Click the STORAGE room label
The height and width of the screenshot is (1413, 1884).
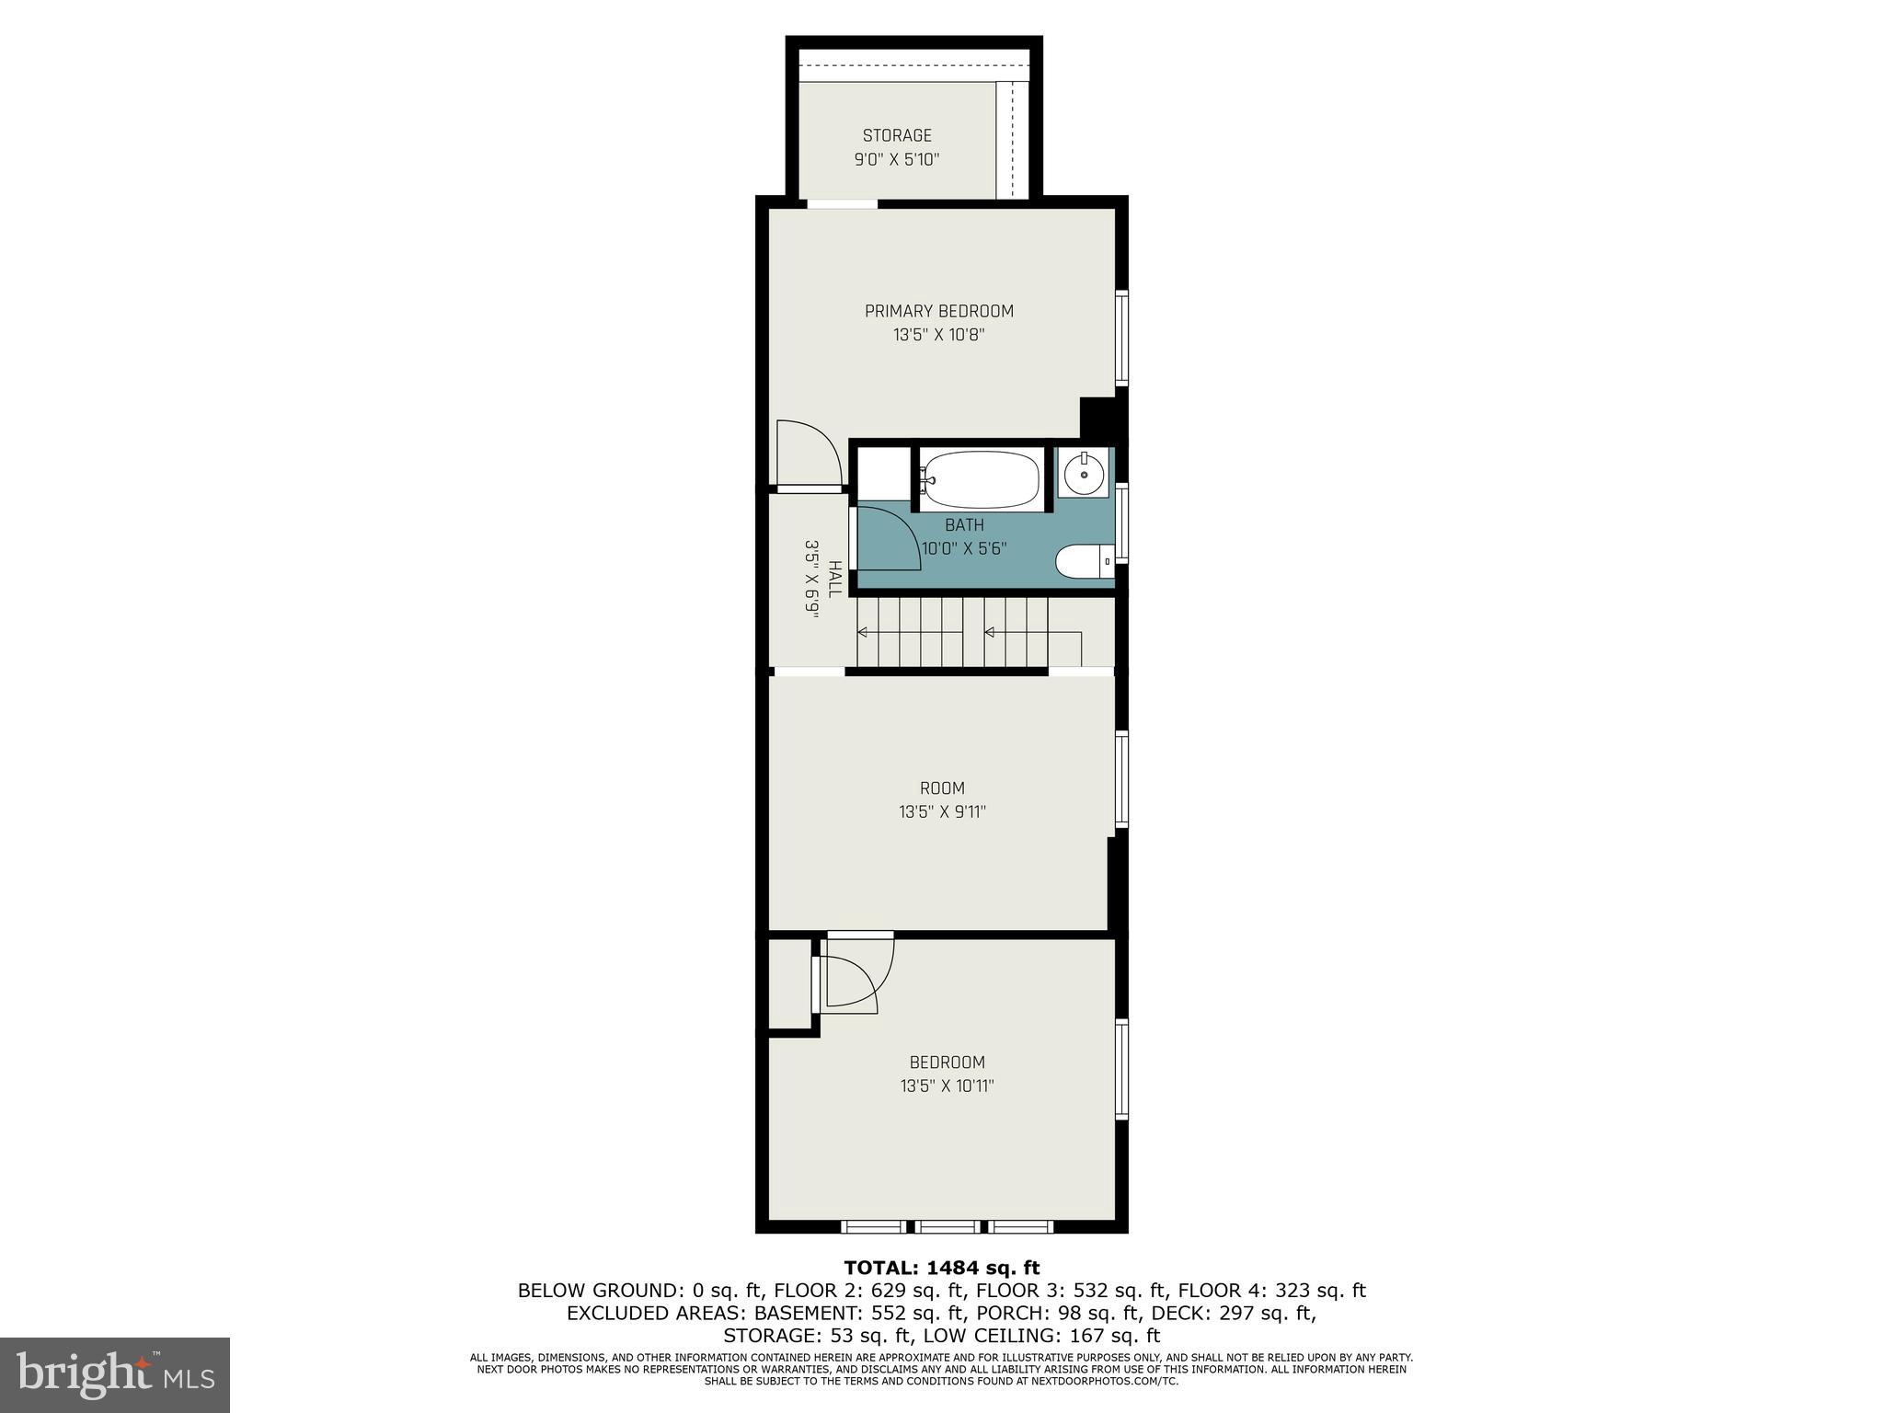click(897, 135)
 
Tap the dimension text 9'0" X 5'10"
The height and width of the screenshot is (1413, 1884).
click(897, 159)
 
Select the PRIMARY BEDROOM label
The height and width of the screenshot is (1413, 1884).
click(938, 311)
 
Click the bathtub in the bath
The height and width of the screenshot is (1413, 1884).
click(981, 479)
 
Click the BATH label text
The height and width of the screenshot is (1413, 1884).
click(964, 525)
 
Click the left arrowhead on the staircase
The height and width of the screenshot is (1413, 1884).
click(863, 632)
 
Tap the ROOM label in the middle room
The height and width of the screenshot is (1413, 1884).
click(942, 787)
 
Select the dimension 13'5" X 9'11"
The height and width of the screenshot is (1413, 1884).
click(942, 811)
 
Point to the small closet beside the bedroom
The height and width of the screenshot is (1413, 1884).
click(788, 982)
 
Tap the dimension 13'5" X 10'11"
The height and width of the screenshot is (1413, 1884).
click(947, 1086)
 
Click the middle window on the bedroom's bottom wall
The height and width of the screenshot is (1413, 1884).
click(948, 1226)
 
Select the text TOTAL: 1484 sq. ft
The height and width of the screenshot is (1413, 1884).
click(941, 1268)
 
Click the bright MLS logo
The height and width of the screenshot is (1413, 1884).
click(115, 1375)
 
